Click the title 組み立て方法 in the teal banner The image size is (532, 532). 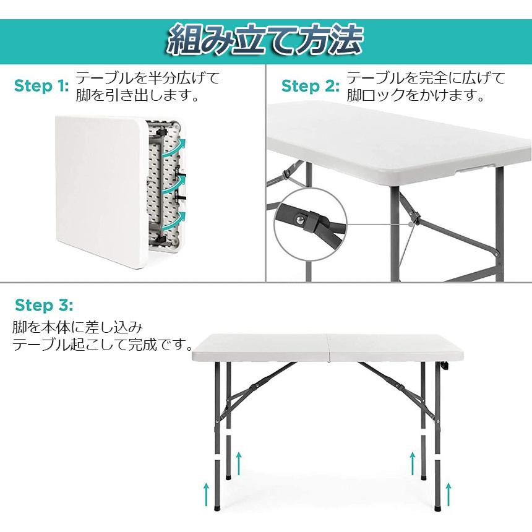(265, 41)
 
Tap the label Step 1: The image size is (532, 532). (41, 86)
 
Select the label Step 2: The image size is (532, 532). (311, 86)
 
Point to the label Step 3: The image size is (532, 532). (44, 305)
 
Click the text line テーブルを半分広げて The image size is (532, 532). (147, 79)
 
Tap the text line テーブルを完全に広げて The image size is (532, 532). (426, 79)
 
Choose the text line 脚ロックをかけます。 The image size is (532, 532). (414, 96)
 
